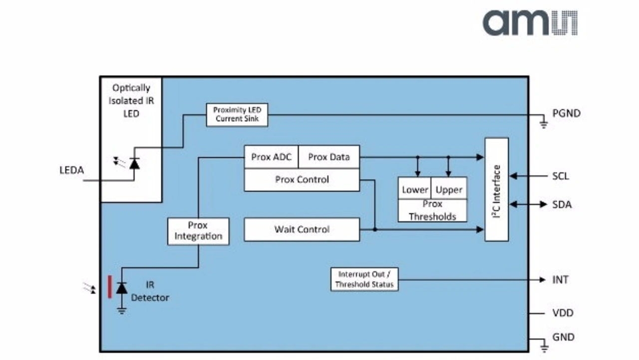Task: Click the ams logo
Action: (530, 23)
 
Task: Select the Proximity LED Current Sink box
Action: (237, 114)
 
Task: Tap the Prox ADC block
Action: (271, 157)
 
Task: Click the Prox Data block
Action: (328, 157)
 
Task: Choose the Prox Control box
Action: (302, 180)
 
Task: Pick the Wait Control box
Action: (302, 230)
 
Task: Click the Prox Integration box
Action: (198, 231)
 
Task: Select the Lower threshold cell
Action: (415, 190)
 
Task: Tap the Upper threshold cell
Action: (449, 190)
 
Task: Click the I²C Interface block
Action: (497, 190)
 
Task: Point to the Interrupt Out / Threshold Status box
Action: (364, 280)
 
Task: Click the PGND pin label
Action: (566, 113)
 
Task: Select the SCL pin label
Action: (561, 176)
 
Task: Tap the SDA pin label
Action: (562, 205)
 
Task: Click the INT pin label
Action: (560, 280)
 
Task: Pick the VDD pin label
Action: (563, 313)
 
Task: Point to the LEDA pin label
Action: (71, 171)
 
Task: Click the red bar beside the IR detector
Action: (110, 287)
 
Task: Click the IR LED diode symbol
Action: (134, 163)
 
